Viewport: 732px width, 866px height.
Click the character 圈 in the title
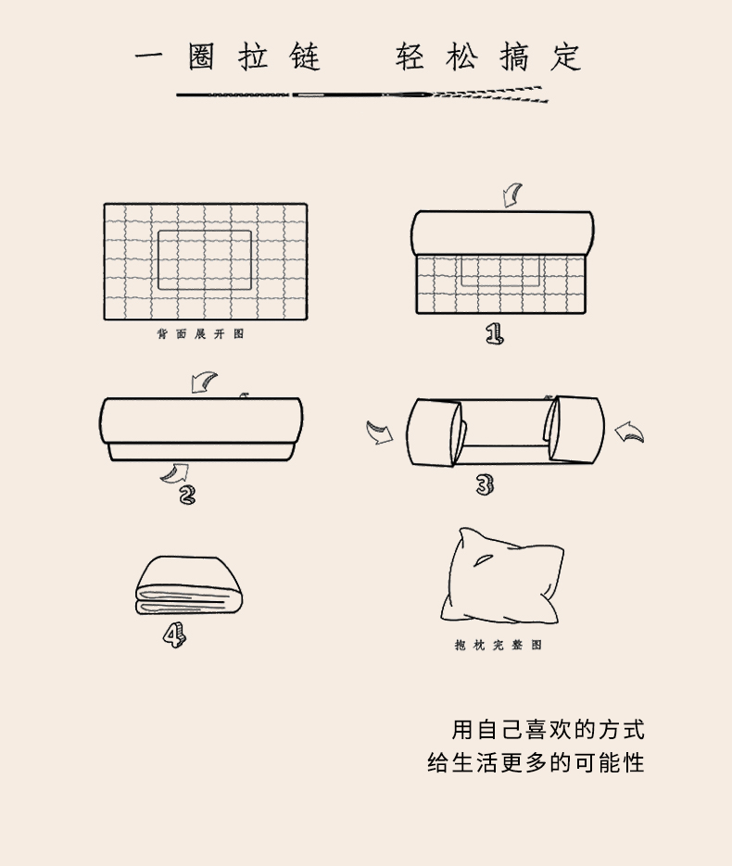coord(201,56)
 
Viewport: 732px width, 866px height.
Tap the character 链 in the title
coord(305,56)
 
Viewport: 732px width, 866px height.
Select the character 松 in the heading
coord(461,56)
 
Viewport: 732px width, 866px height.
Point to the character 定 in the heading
coord(566,56)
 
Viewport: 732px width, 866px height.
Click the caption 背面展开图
coord(200,333)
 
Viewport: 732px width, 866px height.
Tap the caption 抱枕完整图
coord(499,645)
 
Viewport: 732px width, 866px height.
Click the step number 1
coord(495,334)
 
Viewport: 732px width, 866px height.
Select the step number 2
coord(187,494)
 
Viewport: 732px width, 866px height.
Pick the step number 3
coord(485,485)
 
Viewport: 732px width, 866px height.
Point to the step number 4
coord(174,635)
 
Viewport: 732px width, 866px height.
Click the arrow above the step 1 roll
coord(512,196)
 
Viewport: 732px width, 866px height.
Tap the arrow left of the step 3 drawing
coord(380,433)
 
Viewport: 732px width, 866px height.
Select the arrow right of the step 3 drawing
coord(629,432)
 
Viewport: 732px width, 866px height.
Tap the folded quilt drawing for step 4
coord(189,585)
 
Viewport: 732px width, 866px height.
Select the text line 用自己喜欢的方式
coord(548,730)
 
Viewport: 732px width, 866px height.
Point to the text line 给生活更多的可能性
coord(536,762)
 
